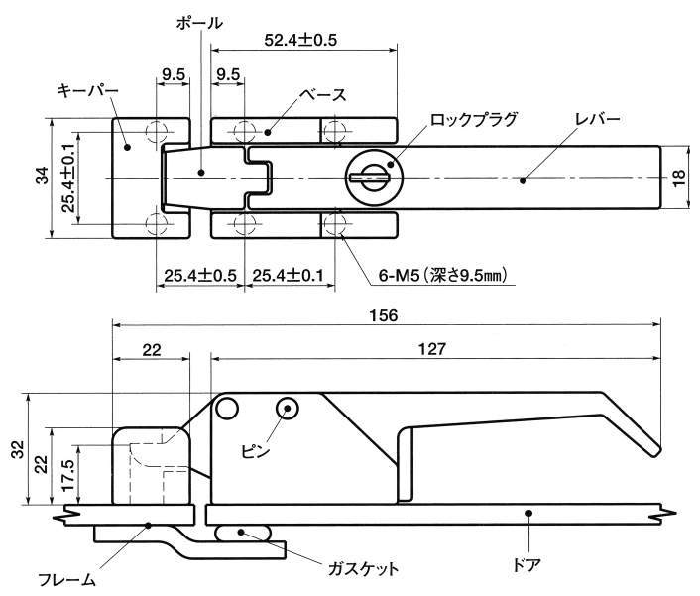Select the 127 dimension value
click(x=433, y=348)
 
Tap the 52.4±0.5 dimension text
click(x=302, y=41)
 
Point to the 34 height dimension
click(x=41, y=178)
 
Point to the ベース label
click(x=324, y=95)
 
